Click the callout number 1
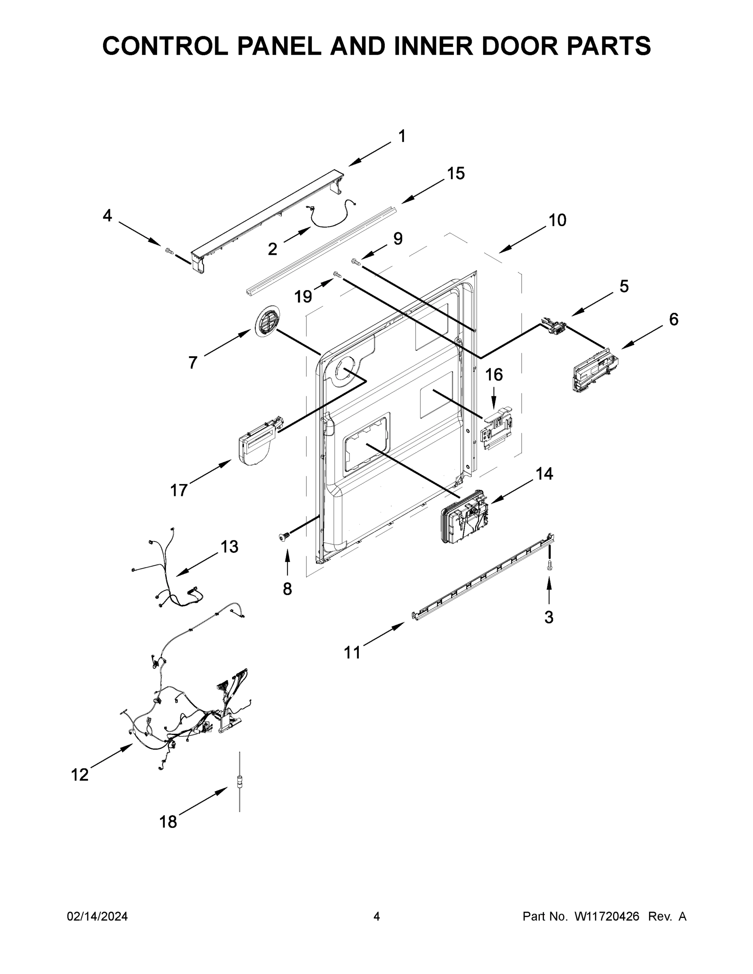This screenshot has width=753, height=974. click(x=402, y=136)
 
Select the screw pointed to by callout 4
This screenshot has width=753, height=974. click(x=169, y=251)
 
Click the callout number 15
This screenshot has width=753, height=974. click(x=456, y=173)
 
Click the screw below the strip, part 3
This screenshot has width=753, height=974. click(x=549, y=565)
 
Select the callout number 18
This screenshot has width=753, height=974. click(x=168, y=821)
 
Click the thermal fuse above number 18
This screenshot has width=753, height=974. click(x=239, y=781)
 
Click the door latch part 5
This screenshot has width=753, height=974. click(x=553, y=325)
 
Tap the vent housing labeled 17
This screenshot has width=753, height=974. click(x=258, y=443)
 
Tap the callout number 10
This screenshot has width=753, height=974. click(x=557, y=220)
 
